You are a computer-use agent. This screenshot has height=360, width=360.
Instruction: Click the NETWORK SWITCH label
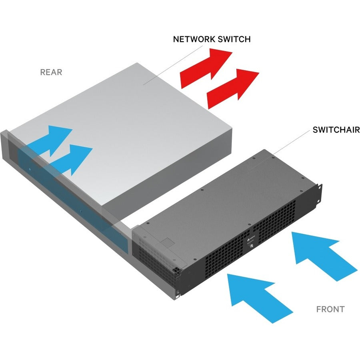pyautogui.click(x=212, y=39)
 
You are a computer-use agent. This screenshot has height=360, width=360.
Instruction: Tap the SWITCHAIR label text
pyautogui.click(x=336, y=130)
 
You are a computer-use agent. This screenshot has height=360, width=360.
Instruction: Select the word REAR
pyautogui.click(x=51, y=72)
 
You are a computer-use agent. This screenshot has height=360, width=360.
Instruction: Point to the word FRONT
pyautogui.click(x=330, y=309)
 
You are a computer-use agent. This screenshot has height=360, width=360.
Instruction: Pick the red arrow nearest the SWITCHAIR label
pyautogui.click(x=234, y=87)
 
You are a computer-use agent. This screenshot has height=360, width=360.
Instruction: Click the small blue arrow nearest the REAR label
pyautogui.click(x=56, y=140)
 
